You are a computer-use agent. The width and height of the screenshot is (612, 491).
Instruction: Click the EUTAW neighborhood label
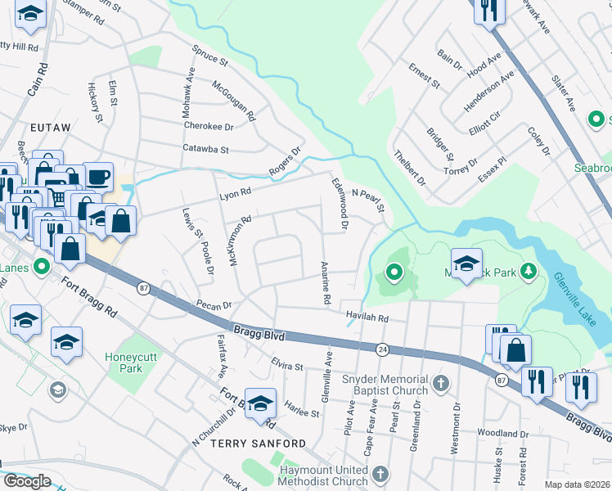pos(51,128)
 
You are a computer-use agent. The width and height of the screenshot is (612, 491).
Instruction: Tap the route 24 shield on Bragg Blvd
pos(383,349)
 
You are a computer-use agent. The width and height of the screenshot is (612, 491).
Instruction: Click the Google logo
pos(27,481)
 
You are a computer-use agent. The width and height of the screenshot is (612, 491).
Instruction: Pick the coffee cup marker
pos(97,177)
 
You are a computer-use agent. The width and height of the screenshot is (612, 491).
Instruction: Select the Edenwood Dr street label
pos(340,204)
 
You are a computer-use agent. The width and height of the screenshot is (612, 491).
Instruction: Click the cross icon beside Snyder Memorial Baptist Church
pos(440,383)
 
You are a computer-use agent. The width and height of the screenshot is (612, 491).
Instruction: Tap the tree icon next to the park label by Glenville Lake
pos(529,270)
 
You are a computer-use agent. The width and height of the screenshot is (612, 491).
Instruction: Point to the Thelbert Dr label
pos(410,168)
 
